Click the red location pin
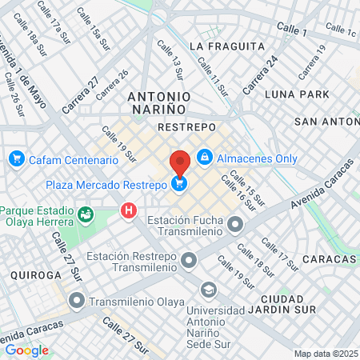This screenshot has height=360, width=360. click(x=180, y=162)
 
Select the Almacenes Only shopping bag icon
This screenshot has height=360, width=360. click(x=205, y=156)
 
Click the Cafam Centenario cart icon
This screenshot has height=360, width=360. click(x=15, y=159)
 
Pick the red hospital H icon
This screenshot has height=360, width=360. click(x=127, y=211)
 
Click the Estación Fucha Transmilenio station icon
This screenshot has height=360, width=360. click(x=234, y=225)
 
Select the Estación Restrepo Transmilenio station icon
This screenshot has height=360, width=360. click(x=189, y=260)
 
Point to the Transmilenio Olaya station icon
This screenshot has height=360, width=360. click(x=77, y=302)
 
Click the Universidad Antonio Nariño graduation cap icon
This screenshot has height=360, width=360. click(x=208, y=289)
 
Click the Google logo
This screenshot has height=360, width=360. click(x=26, y=350)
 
